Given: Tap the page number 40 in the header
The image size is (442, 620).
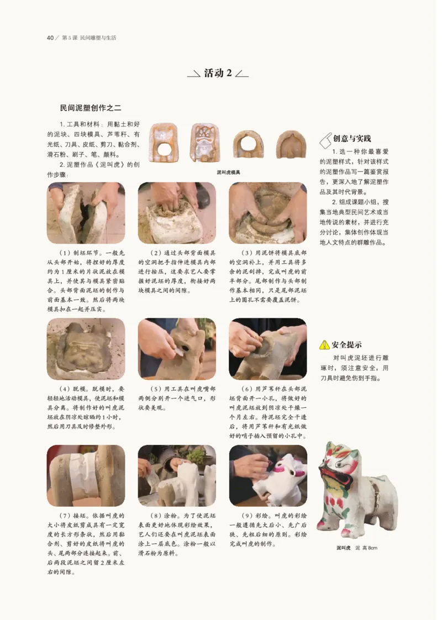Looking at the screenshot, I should tap(50, 38).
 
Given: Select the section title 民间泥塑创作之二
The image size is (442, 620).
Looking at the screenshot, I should tap(90, 108).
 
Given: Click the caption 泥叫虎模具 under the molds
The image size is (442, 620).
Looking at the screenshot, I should tap(228, 172).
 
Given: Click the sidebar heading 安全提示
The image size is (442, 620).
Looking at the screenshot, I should tap(346, 345).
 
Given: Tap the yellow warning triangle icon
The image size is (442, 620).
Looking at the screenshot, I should tap(325, 345).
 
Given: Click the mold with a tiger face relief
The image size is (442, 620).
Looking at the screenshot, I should tap(205, 143).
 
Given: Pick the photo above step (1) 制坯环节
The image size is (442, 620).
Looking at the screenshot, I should tap(86, 213).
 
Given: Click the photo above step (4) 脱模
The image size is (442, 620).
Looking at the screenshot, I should tap(86, 349).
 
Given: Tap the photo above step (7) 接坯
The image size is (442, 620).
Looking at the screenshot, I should tap(86, 476).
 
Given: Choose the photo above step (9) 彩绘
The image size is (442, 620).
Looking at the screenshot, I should tap(268, 476).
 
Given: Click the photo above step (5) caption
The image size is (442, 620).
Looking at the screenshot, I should tap(177, 349).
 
